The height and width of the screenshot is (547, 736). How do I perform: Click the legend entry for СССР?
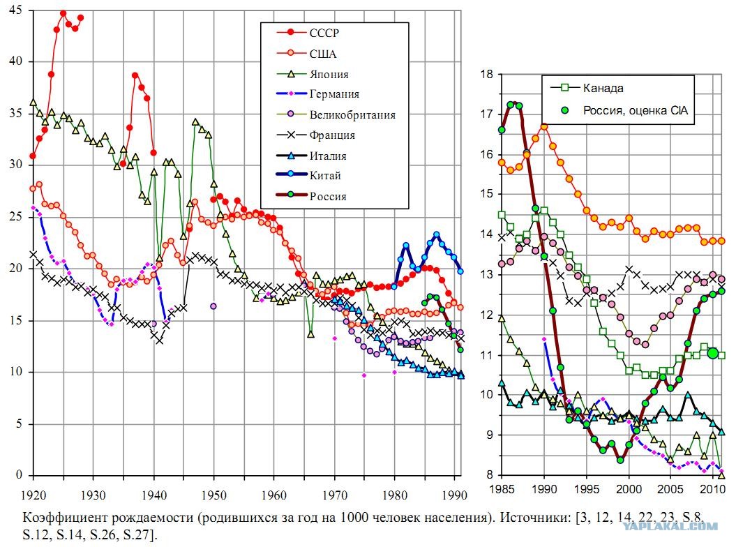pos(324,33)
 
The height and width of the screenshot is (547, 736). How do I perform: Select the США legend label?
pos(323,54)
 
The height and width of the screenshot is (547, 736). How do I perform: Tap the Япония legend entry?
pos(329,74)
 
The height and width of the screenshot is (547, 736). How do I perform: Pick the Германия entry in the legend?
pos(334,94)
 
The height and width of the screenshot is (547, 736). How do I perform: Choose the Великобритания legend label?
pos(352,115)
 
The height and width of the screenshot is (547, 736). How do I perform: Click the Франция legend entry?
pos(332,135)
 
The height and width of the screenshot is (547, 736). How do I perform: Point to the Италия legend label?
pos(328,156)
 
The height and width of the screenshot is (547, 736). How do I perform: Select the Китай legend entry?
pos(325,176)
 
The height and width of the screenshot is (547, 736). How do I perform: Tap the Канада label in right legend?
pos(603,88)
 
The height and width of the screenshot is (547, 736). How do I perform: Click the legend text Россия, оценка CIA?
pos(635,111)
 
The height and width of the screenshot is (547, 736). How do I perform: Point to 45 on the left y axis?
pos(15,10)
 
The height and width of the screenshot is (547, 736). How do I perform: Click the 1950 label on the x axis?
pos(214,495)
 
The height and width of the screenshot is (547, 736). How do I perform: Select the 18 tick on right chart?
pos(487,74)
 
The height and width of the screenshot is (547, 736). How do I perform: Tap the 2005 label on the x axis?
pos(670,490)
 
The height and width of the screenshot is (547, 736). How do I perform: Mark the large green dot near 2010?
pos(713,353)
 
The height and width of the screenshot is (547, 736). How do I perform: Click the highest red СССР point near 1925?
pos(63,13)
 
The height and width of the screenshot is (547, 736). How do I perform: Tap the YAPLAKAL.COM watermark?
pos(670,526)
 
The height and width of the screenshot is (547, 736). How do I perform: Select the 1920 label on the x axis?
pos(33,495)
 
